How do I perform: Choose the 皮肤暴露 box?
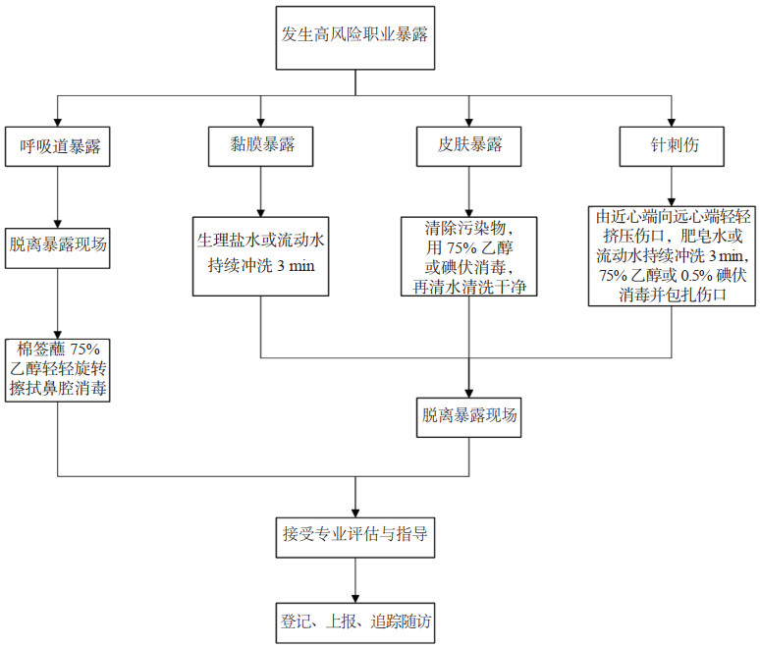tap(469, 145)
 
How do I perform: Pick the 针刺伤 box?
tap(673, 145)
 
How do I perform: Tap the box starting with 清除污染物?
tap(469, 256)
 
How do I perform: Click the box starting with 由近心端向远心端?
tap(672, 254)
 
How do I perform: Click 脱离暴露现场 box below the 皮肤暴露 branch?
tap(469, 413)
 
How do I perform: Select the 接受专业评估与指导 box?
tap(354, 535)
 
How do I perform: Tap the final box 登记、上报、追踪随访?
tap(354, 621)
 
